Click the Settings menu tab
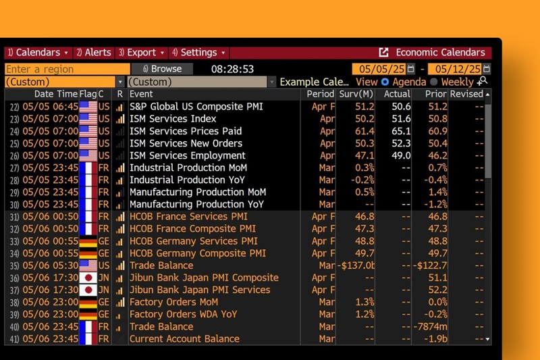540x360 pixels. pyautogui.click(x=198, y=53)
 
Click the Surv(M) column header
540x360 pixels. pyautogui.click(x=356, y=94)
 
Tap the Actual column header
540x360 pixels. pyautogui.click(x=397, y=94)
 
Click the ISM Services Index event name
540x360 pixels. pyautogui.click(x=173, y=119)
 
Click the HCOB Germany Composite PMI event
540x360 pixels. pyautogui.click(x=197, y=253)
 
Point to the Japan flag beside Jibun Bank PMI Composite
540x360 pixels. pyautogui.click(x=88, y=278)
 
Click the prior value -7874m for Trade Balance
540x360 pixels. pyautogui.click(x=431, y=327)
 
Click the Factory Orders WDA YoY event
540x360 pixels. pyautogui.click(x=183, y=315)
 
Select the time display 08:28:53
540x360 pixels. pyautogui.click(x=232, y=69)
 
